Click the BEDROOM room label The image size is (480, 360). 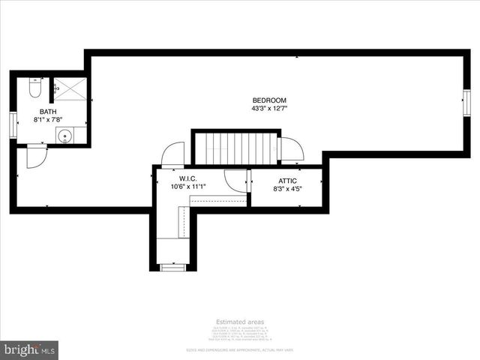(269, 100)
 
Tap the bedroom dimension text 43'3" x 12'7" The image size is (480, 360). (269, 109)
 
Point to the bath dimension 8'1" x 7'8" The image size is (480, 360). (47, 119)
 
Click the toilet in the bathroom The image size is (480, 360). (34, 89)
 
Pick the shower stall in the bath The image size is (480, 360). (70, 89)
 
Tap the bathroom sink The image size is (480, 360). (64, 136)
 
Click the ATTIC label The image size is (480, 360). (287, 181)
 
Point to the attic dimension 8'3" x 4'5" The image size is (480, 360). (287, 189)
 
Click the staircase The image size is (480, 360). (235, 148)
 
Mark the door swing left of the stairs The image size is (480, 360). (172, 154)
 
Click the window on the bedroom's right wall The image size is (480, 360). (466, 101)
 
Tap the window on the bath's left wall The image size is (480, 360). (12, 124)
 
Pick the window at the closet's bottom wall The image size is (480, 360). (173, 266)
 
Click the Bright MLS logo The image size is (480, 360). (29, 350)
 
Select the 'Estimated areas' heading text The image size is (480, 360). (239, 322)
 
